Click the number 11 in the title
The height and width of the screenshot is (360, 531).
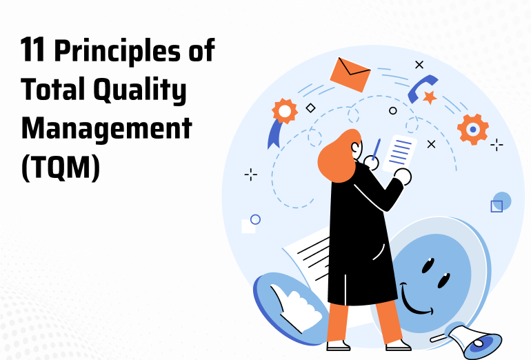[32, 50]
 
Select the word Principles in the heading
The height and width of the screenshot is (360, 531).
[117, 52]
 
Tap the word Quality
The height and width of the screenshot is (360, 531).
[140, 90]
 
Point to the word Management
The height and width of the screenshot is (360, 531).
[106, 128]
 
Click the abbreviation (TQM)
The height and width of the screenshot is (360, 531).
[61, 168]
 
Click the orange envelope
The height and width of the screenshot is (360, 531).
[350, 75]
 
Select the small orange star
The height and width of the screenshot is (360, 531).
[430, 97]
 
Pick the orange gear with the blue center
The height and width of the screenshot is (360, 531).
[473, 129]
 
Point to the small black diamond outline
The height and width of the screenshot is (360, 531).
[310, 108]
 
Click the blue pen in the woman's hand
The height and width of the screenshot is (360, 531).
[377, 149]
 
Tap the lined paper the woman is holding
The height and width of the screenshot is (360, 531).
[399, 153]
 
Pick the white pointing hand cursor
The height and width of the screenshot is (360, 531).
[295, 307]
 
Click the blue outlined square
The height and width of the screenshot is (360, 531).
[497, 206]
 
